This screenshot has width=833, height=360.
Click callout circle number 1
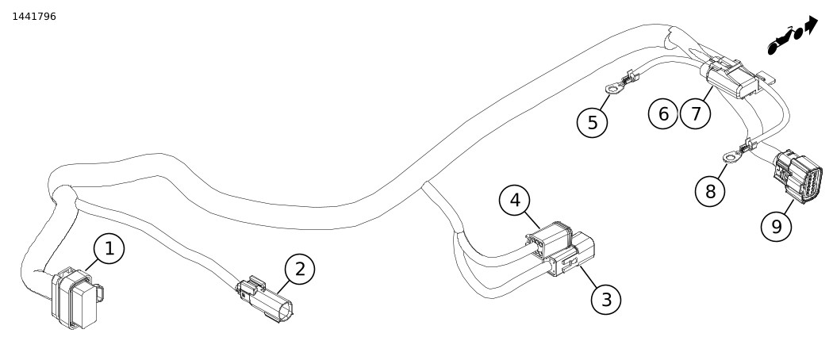point(109,248)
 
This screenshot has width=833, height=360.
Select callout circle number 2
point(299,269)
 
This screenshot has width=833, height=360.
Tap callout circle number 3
point(606,300)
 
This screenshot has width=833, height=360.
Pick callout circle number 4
point(515,201)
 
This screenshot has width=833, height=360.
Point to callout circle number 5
point(593,122)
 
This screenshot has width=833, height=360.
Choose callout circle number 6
point(663,113)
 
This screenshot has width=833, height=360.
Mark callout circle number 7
point(696,113)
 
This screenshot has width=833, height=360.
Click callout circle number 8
point(710,190)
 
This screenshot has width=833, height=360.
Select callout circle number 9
point(776,227)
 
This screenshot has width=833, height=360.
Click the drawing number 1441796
point(34,16)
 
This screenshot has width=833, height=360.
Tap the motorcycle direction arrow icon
point(791,36)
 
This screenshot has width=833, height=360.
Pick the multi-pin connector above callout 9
point(799,175)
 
